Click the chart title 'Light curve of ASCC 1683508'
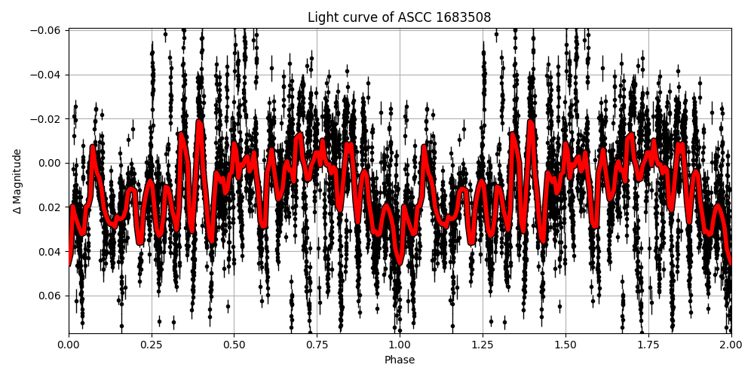pyautogui.click(x=399, y=17)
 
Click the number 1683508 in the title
pyautogui.click(x=463, y=17)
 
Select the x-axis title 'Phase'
pyautogui.click(x=400, y=360)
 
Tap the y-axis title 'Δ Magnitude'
pyautogui.click(x=17, y=181)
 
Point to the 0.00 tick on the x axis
pyautogui.click(x=69, y=345)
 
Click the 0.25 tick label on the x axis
pyautogui.click(x=152, y=345)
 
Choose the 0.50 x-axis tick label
pyautogui.click(x=234, y=345)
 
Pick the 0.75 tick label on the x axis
pyautogui.click(x=317, y=345)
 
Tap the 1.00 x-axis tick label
pyautogui.click(x=400, y=345)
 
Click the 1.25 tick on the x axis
pyautogui.click(x=483, y=345)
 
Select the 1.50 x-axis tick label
pyautogui.click(x=565, y=345)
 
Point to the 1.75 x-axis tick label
pyautogui.click(x=648, y=345)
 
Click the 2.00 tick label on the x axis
pyautogui.click(x=730, y=345)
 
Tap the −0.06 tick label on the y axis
pyautogui.click(x=48, y=30)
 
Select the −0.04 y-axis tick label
pyautogui.click(x=48, y=75)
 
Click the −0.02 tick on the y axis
pyautogui.click(x=48, y=119)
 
